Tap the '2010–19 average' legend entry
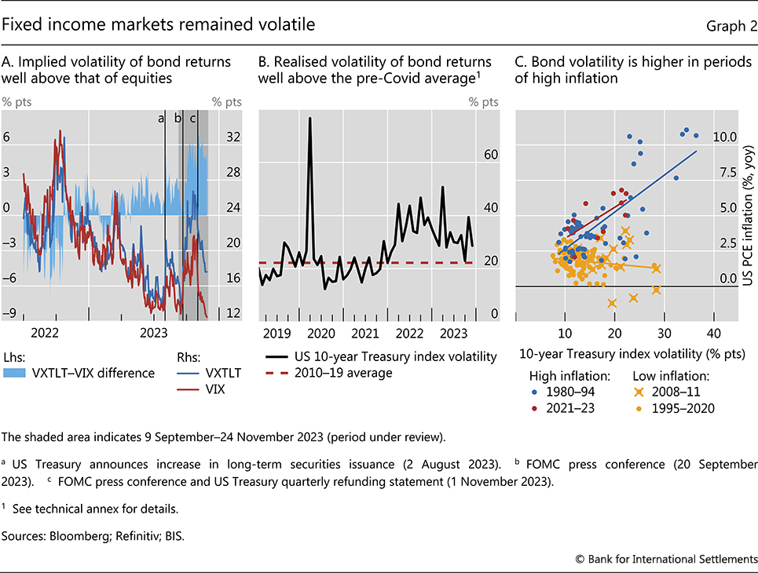[343, 373]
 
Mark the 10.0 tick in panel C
[725, 137]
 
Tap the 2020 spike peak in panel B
[310, 119]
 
